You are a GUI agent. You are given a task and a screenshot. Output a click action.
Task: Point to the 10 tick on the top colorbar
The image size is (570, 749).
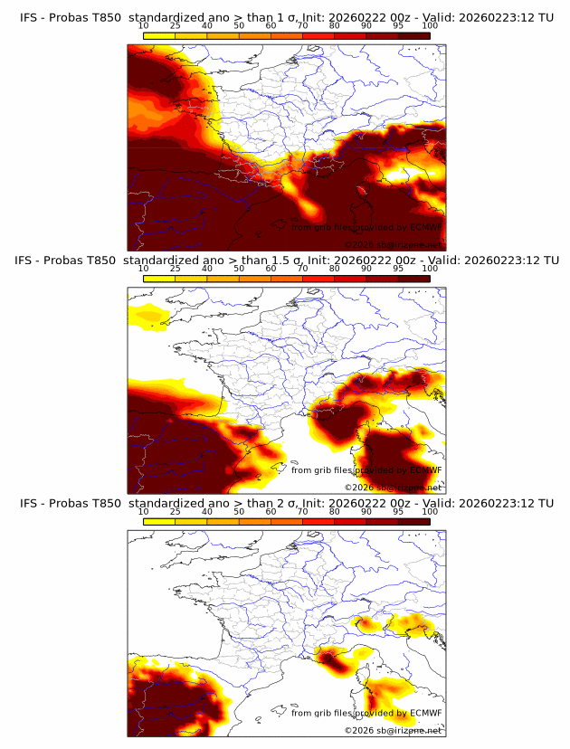pyautogui.click(x=143, y=26)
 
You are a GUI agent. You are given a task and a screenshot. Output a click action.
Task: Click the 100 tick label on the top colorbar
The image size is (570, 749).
pyautogui.click(x=430, y=26)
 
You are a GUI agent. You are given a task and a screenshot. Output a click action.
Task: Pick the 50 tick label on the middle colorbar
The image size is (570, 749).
pyautogui.click(x=239, y=269)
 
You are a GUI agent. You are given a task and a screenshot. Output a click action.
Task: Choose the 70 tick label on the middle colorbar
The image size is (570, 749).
pyautogui.click(x=302, y=269)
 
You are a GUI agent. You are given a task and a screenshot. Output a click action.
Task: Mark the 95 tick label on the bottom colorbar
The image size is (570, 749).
pyautogui.click(x=398, y=512)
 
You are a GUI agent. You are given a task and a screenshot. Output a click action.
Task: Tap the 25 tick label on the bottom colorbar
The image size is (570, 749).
pyautogui.click(x=175, y=512)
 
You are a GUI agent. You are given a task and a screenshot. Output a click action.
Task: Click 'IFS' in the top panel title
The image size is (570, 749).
pyautogui.click(x=30, y=17)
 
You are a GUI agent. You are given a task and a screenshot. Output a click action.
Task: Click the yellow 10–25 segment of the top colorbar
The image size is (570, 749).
pyautogui.click(x=158, y=36)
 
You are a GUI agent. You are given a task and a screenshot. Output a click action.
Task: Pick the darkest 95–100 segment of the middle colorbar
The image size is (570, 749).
pyautogui.click(x=414, y=279)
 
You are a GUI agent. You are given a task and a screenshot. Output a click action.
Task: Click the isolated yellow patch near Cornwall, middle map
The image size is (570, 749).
pyautogui.click(x=147, y=316)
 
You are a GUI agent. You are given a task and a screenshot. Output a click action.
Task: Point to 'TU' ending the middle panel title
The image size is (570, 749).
pyautogui.click(x=546, y=261)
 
